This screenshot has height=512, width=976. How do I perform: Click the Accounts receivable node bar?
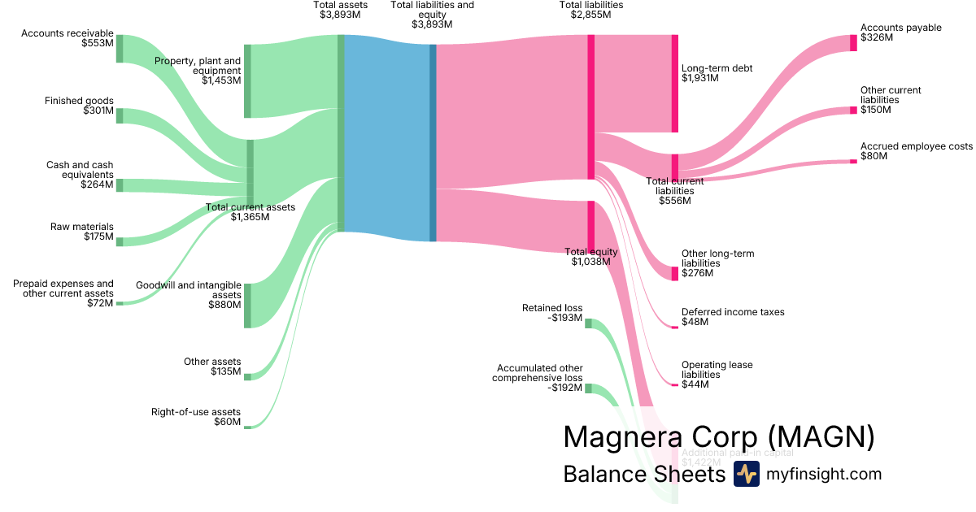120,49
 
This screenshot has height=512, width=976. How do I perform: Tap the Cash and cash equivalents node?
120,185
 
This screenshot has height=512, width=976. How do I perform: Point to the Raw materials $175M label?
82,232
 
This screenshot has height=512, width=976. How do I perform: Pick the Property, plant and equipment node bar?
247,81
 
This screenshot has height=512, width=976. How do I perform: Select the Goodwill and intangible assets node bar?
247,306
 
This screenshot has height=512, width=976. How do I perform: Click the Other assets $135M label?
212,367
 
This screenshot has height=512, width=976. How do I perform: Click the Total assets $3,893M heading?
341,10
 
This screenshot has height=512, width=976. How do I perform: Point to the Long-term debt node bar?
674,84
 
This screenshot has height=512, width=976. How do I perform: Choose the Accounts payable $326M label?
890,33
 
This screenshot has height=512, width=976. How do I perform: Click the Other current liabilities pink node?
853,110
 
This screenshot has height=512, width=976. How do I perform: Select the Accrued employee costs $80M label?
917,151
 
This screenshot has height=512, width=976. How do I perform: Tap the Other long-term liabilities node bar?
674,273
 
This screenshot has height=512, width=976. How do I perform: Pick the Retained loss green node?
588,323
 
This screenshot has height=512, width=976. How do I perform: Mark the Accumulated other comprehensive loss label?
538,378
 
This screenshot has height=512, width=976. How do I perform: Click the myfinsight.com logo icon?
746,474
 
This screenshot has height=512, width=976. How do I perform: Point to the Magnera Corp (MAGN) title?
719,436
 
